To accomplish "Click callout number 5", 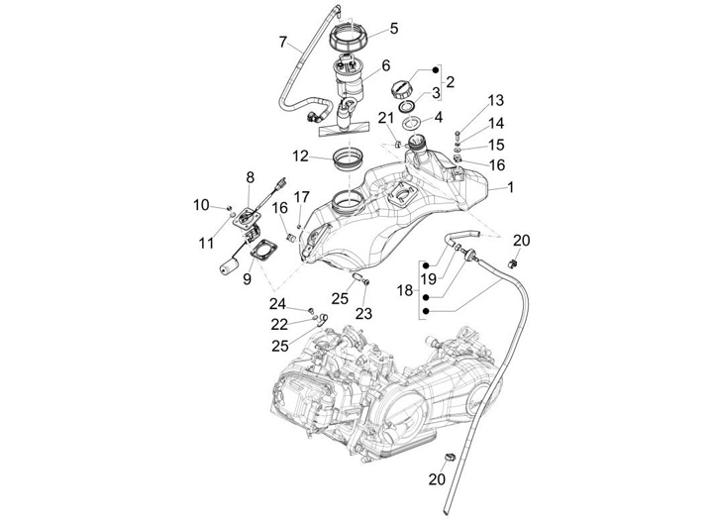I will pos(393,28).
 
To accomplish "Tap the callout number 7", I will pos(283,43).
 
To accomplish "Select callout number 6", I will pos(385,65).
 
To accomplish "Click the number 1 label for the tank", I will pos(511,186).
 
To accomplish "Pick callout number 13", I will pos(495,101).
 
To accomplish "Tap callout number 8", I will pos(251,177).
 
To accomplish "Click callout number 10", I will pos(201,205).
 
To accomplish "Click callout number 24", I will pos(279,304).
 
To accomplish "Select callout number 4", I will pos(438,117).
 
